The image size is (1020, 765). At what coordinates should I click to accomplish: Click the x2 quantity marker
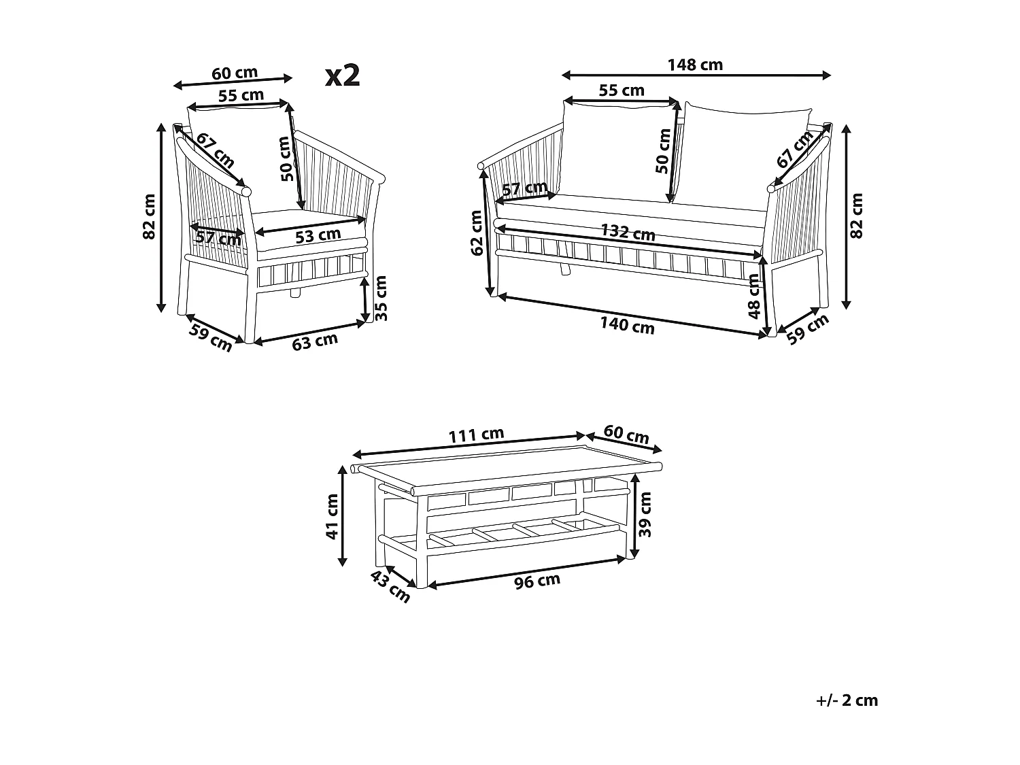point(343,75)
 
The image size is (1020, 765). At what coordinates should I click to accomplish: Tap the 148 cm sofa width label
point(695,65)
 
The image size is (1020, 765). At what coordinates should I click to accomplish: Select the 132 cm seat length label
point(628,233)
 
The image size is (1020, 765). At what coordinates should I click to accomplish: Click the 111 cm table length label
point(476,435)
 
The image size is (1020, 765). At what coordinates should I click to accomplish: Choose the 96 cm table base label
point(537,581)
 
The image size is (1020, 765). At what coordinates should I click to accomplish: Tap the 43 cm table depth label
point(390,587)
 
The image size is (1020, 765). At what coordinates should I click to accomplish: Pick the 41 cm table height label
point(333,517)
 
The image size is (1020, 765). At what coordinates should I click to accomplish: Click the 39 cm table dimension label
point(645,515)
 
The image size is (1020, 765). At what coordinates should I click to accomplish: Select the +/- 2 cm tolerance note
point(847,700)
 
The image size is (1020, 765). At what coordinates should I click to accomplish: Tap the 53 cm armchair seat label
point(318,235)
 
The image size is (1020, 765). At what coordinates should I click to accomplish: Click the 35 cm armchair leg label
point(381,298)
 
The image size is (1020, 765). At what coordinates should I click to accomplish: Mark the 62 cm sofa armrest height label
point(477,233)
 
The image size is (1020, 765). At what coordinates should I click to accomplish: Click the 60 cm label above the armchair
point(235,73)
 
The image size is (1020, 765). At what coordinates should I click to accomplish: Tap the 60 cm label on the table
point(626,435)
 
